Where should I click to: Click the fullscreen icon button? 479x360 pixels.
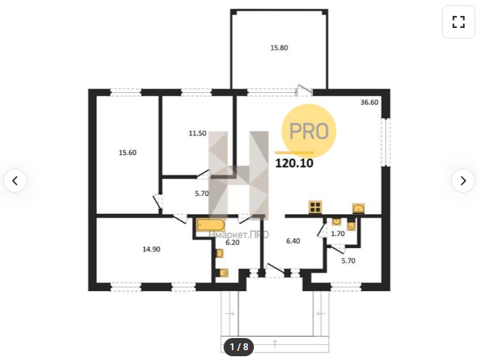pyautogui.click(x=459, y=22)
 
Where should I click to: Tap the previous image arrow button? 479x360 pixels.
pyautogui.click(x=15, y=181)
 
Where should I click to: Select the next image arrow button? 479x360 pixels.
pyautogui.click(x=463, y=181)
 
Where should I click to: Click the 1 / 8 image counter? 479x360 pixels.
pyautogui.click(x=239, y=347)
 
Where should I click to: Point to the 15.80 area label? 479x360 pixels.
pyautogui.click(x=280, y=48)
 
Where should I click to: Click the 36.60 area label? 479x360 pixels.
pyautogui.click(x=369, y=102)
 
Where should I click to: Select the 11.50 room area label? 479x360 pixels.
pyautogui.click(x=197, y=133)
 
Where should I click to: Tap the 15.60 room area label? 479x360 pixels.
pyautogui.click(x=128, y=152)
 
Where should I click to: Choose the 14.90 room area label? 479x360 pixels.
pyautogui.click(x=152, y=250)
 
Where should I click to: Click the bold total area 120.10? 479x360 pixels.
pyautogui.click(x=294, y=163)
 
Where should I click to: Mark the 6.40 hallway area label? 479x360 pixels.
pyautogui.click(x=293, y=241)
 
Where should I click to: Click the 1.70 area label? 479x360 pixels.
pyautogui.click(x=338, y=234)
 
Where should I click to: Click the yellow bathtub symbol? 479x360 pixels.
pyautogui.click(x=211, y=225)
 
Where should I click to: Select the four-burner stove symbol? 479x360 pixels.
pyautogui.click(x=315, y=207)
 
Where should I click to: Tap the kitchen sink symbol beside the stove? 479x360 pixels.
pyautogui.click(x=359, y=208)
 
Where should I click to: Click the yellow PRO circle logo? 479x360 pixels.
pyautogui.click(x=308, y=131)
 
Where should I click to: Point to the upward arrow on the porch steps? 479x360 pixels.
pyautogui.click(x=275, y=344)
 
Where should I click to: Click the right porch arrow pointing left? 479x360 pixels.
pyautogui.click(x=320, y=314)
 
